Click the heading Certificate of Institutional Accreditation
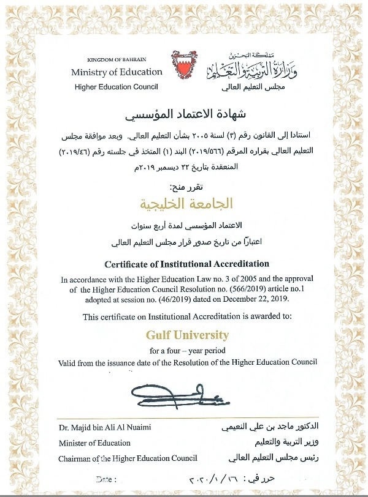pos(186,264)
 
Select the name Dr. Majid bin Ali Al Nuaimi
pos(105,426)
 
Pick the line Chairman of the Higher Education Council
pos(128,458)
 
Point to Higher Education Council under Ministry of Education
pos(117,87)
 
